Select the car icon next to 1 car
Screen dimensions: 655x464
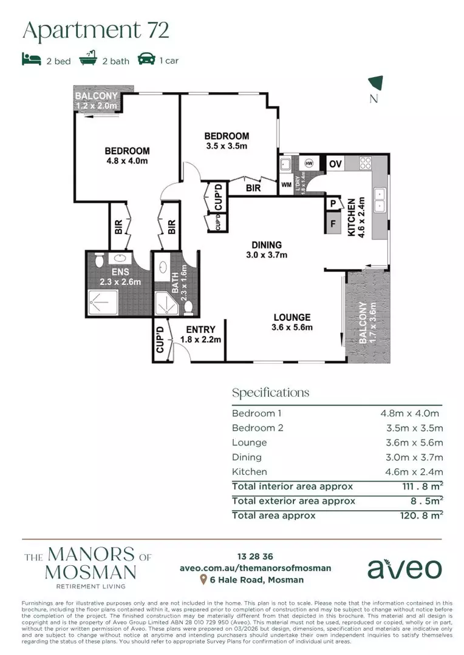click(x=147, y=59)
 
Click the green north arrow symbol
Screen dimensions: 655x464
click(x=376, y=84)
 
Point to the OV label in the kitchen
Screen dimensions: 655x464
click(x=335, y=164)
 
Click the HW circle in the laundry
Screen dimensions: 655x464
click(x=309, y=163)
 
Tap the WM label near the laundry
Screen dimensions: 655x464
click(x=285, y=186)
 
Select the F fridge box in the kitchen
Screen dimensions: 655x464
click(x=332, y=223)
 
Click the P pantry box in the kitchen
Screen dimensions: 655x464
click(x=333, y=204)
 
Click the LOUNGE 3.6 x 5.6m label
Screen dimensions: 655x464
click(x=292, y=322)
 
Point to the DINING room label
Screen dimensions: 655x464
click(x=267, y=250)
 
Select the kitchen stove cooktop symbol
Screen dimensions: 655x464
click(x=366, y=163)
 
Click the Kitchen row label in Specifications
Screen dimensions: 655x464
click(x=249, y=472)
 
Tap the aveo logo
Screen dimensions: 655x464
click(x=403, y=568)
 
